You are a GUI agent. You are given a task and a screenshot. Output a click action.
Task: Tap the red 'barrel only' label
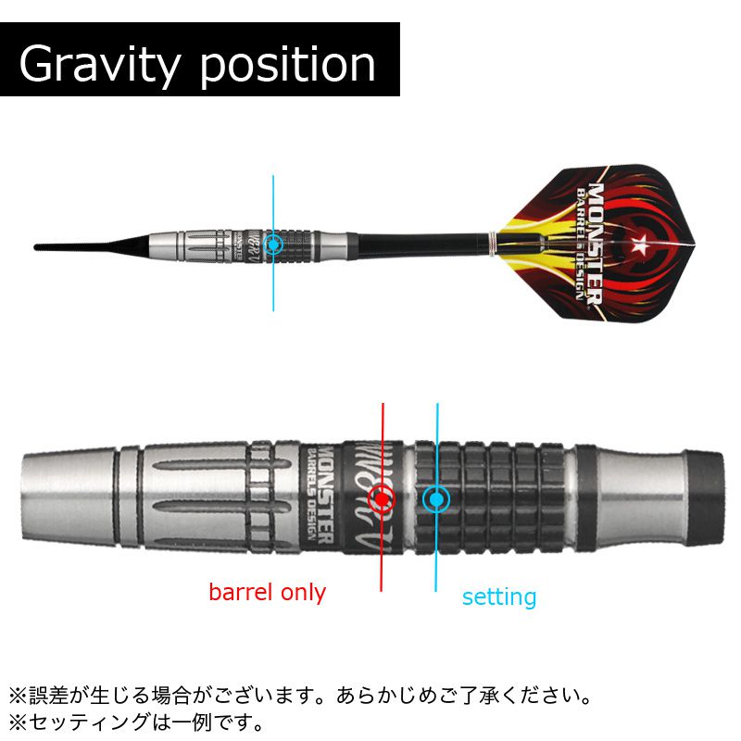point(267,592)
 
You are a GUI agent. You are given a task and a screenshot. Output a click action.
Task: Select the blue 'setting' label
point(499,597)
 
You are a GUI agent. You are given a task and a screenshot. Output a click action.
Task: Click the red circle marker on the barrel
point(382,499)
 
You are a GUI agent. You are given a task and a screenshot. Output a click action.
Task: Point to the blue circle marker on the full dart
point(273,245)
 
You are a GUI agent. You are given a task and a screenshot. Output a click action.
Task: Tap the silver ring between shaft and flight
point(495,245)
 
